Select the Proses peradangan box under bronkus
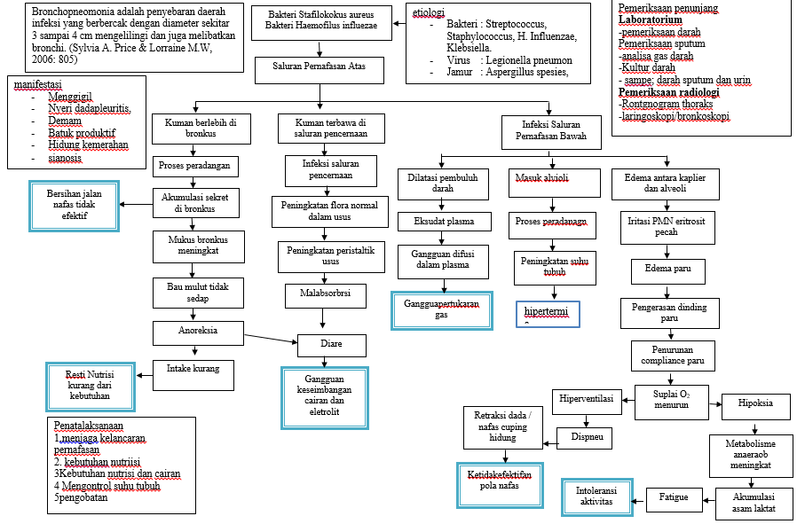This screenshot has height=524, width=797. click(x=193, y=166)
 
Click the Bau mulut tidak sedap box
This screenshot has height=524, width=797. click(x=198, y=293)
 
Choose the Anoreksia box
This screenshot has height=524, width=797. click(x=198, y=332)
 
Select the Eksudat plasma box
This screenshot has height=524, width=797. click(x=443, y=221)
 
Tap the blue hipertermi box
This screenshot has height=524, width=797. click(x=547, y=314)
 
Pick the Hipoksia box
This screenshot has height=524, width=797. click(x=754, y=403)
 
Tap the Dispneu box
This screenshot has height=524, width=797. click(x=587, y=436)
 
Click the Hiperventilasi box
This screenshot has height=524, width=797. click(x=587, y=399)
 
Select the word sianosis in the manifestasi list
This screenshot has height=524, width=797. click(x=65, y=159)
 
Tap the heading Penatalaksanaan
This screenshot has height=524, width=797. click(x=89, y=426)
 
